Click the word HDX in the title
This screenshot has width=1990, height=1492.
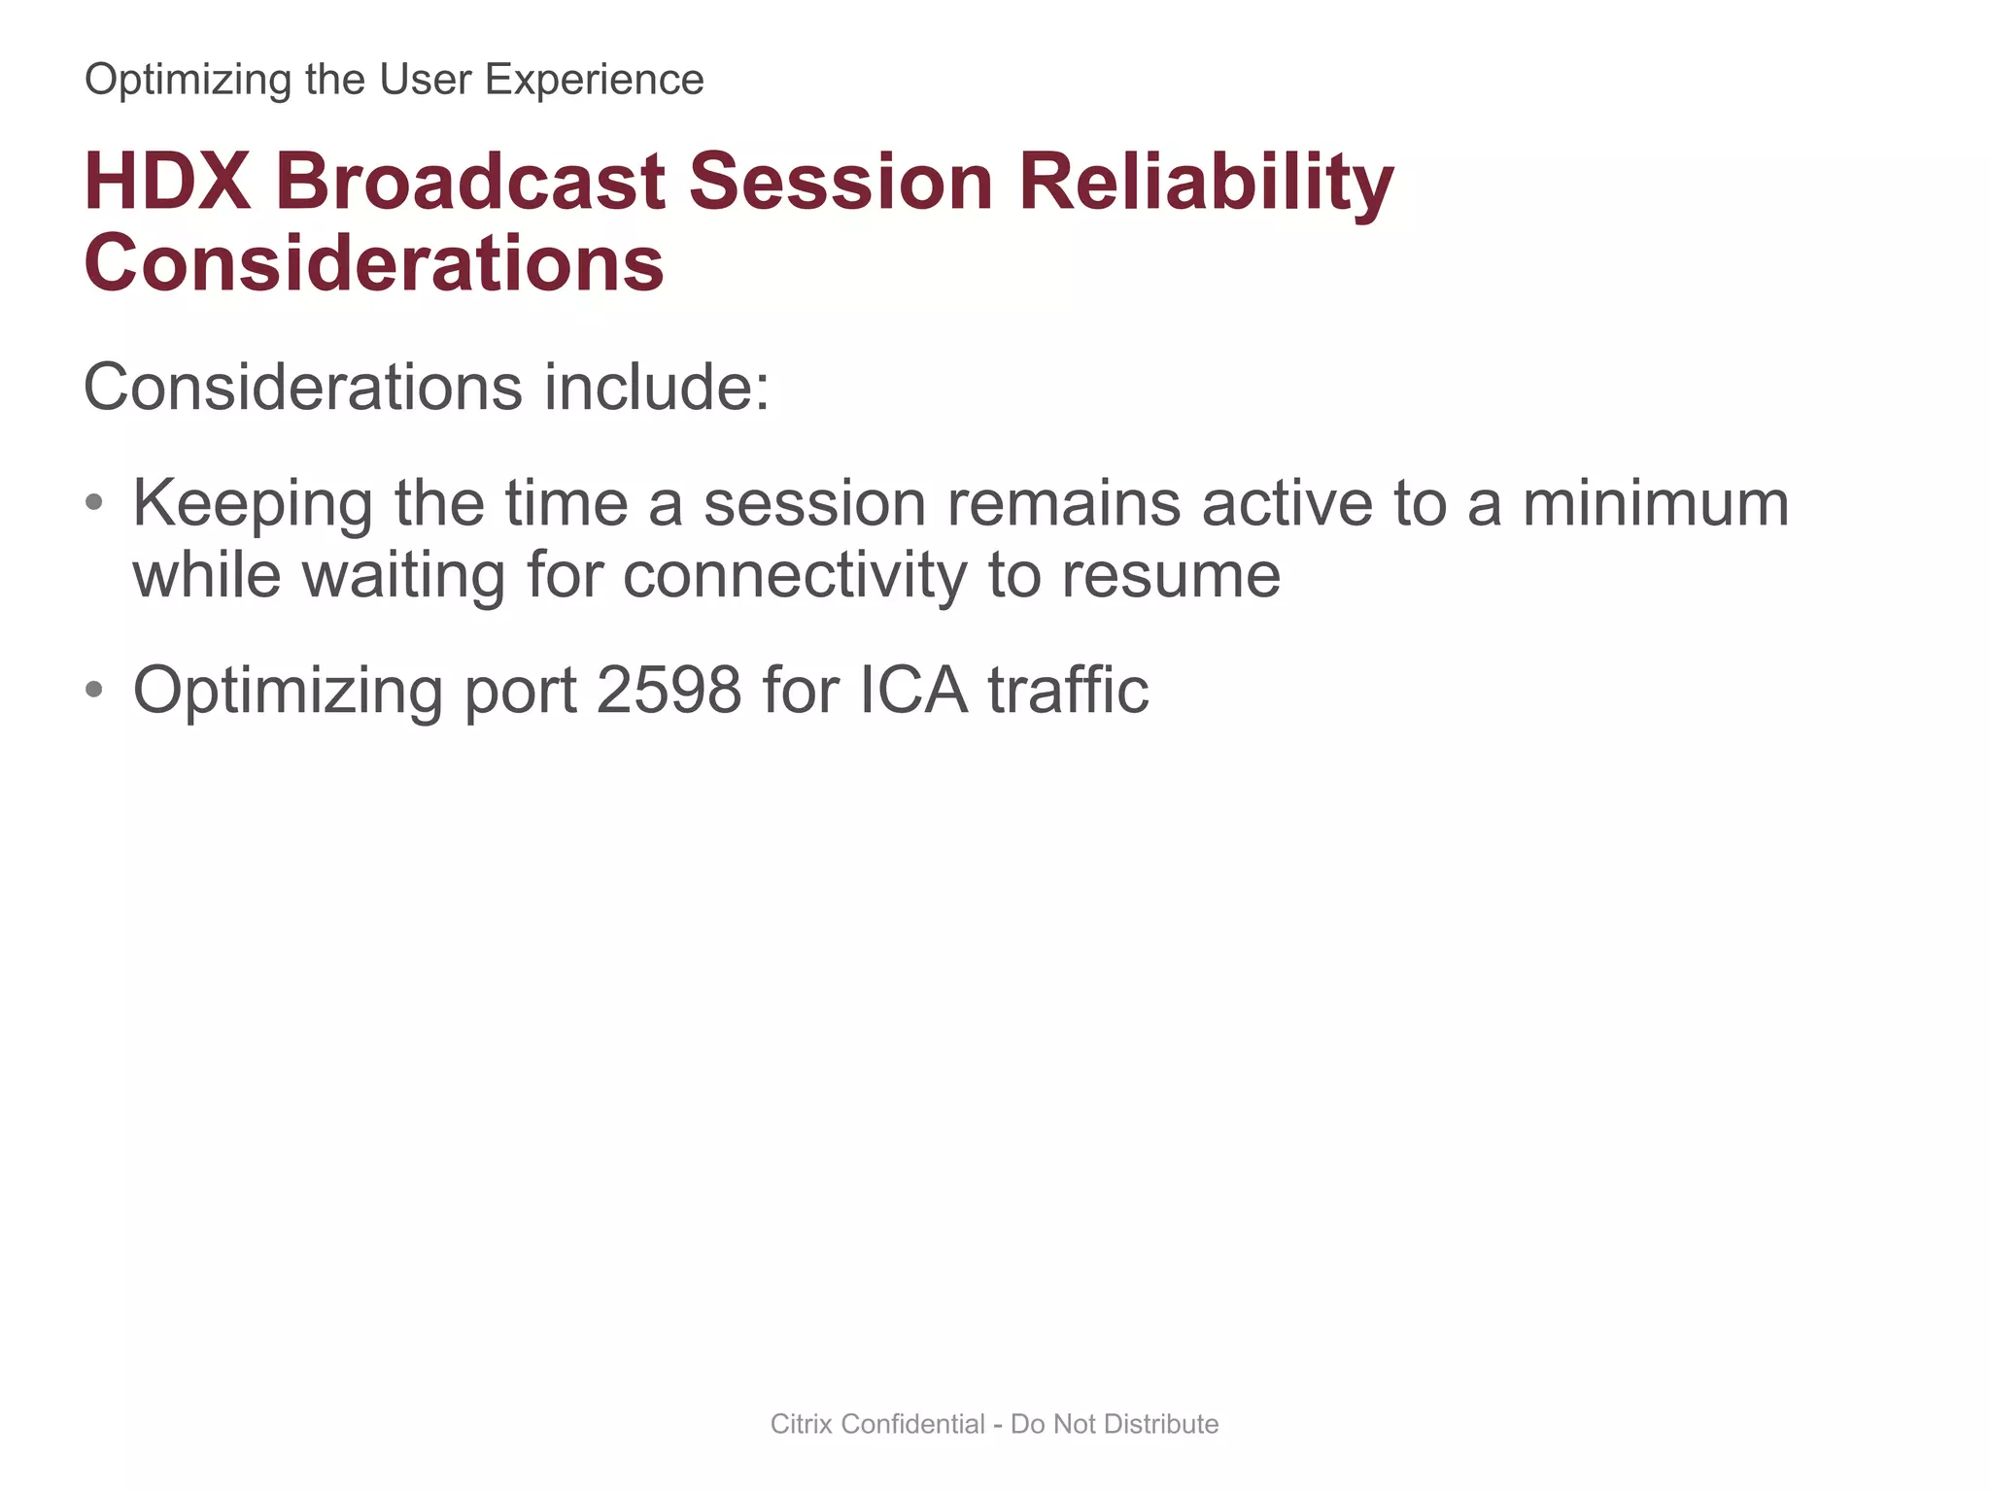(167, 183)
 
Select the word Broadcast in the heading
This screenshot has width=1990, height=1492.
(470, 183)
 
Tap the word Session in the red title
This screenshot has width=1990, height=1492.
(841, 183)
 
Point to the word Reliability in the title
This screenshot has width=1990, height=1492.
(1206, 185)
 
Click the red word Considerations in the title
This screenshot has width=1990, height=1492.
(374, 264)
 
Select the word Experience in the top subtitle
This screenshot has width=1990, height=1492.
(594, 80)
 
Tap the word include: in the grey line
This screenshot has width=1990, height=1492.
(656, 388)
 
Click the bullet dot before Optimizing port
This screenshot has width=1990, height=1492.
(93, 690)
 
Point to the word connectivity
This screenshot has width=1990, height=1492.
(794, 575)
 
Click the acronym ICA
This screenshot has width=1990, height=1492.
(913, 690)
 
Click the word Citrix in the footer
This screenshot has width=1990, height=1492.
(802, 1424)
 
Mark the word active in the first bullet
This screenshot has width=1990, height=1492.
(1287, 503)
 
